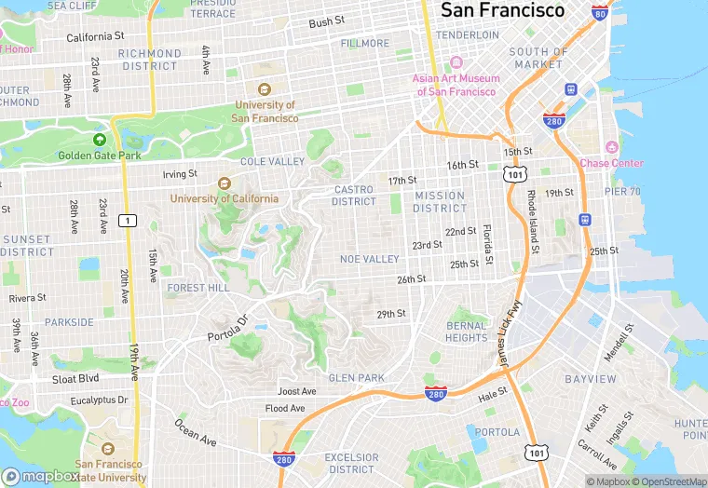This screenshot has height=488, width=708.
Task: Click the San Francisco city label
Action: (x=502, y=11)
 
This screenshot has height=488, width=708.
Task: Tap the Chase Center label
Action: (x=611, y=163)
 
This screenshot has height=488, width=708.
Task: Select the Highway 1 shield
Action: (x=127, y=221)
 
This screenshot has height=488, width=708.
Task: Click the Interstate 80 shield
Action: (x=601, y=13)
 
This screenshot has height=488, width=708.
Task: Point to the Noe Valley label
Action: (x=370, y=259)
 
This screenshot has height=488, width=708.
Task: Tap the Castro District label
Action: (x=354, y=196)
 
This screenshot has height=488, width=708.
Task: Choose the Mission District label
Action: (x=440, y=201)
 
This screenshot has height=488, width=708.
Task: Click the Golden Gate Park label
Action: (x=100, y=156)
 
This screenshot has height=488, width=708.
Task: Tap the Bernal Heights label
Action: (x=466, y=332)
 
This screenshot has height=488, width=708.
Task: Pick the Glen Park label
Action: (x=356, y=378)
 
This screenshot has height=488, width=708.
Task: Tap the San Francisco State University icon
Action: (x=108, y=449)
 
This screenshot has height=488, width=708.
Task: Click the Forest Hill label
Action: (x=197, y=289)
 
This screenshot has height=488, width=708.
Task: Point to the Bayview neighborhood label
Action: (x=591, y=380)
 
